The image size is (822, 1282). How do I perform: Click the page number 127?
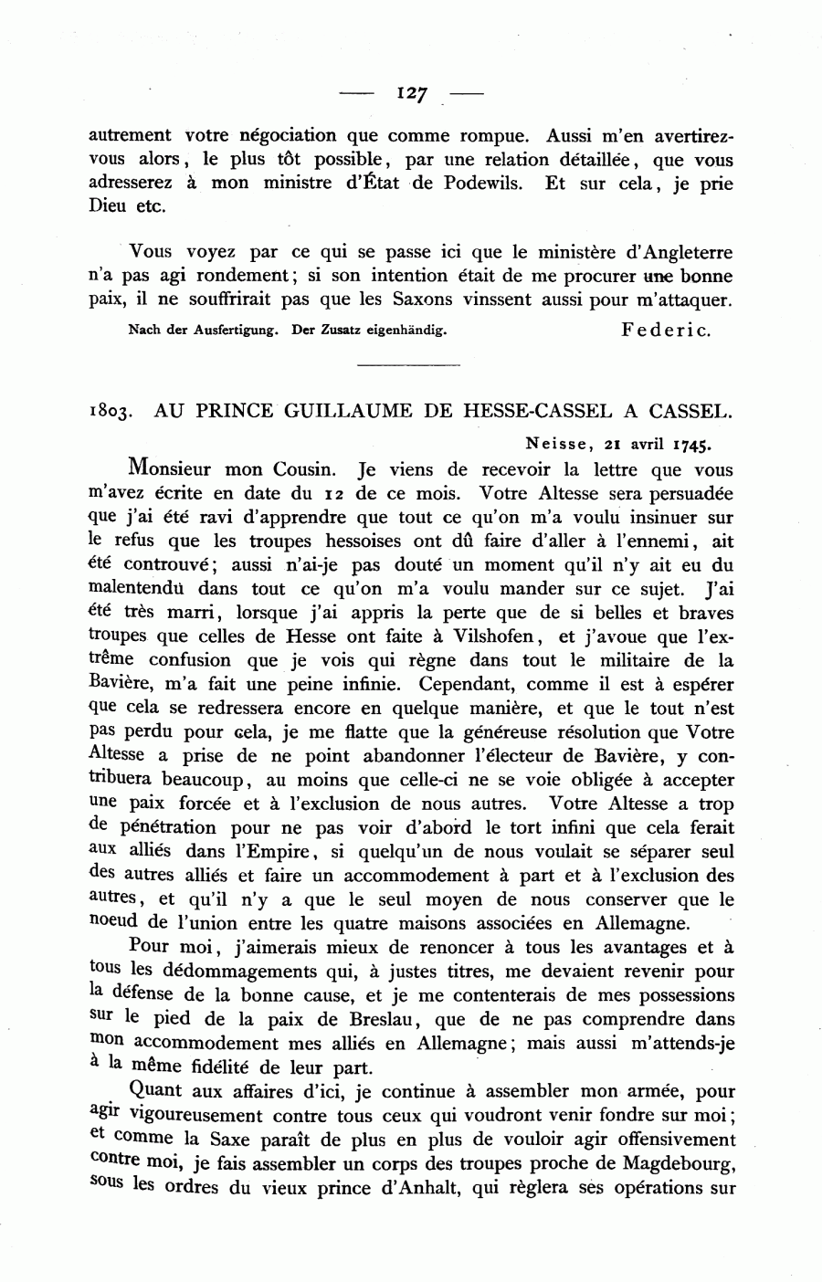pos(412,93)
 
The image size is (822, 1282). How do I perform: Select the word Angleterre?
pos(689,252)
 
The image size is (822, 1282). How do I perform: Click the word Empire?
pos(274,852)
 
